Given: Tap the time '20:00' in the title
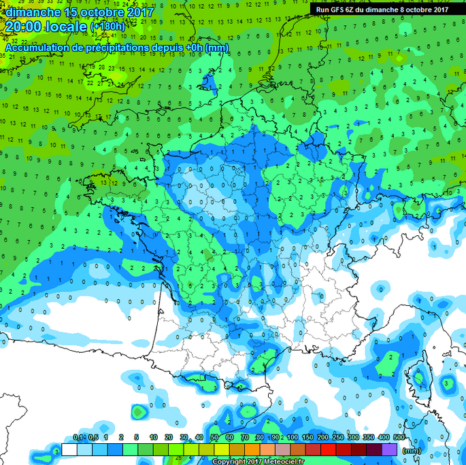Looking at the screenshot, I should (x=27, y=27).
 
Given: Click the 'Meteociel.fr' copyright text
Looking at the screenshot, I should (x=278, y=461).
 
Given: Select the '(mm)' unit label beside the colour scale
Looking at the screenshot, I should (x=412, y=450).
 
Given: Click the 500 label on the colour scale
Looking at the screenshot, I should (x=399, y=437).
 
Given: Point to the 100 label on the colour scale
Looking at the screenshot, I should (x=292, y=437).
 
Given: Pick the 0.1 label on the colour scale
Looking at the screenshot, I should (x=78, y=437).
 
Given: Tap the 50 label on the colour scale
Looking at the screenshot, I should (x=215, y=437).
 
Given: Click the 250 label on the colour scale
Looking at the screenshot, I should (x=338, y=437).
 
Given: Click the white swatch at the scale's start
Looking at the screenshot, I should (x=69, y=449).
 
